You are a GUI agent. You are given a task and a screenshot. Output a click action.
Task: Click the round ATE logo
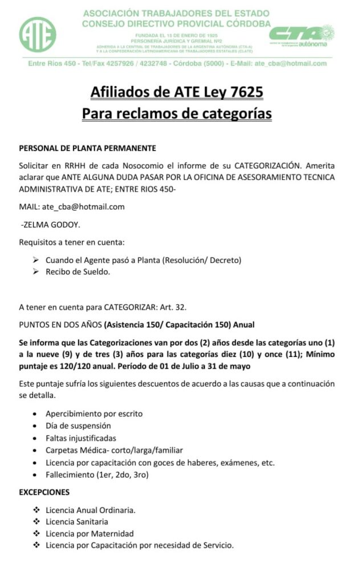coord(37,35)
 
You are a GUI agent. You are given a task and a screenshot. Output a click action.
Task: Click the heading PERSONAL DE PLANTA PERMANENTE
coord(88,148)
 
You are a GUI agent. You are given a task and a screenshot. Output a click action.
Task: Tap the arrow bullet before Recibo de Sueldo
coord(35,272)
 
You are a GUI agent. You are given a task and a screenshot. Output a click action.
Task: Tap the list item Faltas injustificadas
coord(81,438)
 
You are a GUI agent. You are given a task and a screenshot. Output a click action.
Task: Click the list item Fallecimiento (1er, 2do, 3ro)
coord(97,474)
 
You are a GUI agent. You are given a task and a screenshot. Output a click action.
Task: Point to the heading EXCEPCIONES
coord(44,492)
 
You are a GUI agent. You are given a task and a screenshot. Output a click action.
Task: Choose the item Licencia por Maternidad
coord(89,533)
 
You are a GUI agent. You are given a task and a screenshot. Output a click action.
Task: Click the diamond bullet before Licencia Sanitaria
coord(36,522)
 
